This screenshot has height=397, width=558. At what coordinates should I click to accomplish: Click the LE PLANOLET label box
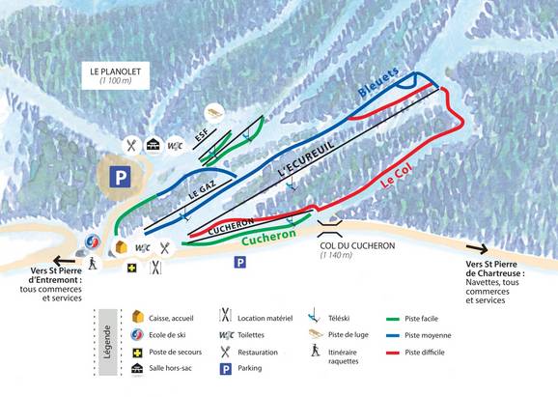pyautogui.click(x=110, y=75)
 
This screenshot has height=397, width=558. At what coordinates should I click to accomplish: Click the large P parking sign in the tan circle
pyautogui.click(x=120, y=177)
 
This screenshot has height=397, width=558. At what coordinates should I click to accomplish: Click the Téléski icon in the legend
pyautogui.click(x=314, y=316)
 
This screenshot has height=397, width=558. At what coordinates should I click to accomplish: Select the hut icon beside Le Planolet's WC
pyautogui.click(x=153, y=145)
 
